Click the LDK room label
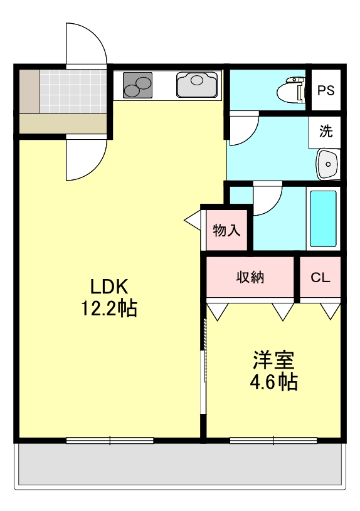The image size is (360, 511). [110, 287]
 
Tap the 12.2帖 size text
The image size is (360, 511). [110, 308]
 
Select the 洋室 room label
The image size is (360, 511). [274, 361]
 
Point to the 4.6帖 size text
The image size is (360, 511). [274, 381]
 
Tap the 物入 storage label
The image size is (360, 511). [226, 230]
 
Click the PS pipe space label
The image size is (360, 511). [326, 90]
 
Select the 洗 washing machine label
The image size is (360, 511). [326, 132]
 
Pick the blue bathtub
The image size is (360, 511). [323, 219]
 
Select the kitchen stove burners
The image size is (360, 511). [138, 85]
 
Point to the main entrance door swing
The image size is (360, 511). [87, 44]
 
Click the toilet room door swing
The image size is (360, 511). [243, 129]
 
